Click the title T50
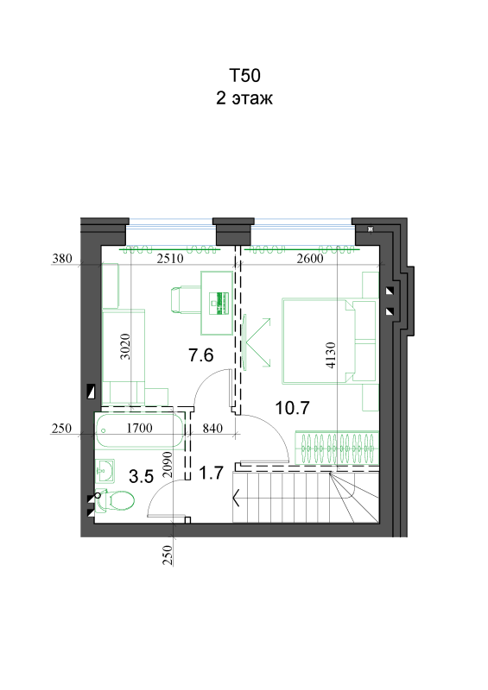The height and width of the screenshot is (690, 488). coord(244,75)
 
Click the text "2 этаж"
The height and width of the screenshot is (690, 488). coord(244,98)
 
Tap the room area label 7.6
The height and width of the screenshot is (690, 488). coord(201,354)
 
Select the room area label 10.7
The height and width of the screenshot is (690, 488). coord(292,408)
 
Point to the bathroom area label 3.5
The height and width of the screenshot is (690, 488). coord(141,476)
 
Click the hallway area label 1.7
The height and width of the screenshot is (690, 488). coord(211,473)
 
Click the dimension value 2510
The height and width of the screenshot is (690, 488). coord(170,258)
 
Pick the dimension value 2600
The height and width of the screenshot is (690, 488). coord(310,258)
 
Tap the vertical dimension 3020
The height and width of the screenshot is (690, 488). coord(125,347)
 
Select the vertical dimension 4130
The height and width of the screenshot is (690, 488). coord(331,354)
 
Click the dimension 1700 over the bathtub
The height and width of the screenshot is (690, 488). coord(139,428)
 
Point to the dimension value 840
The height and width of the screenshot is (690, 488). coord(212,428)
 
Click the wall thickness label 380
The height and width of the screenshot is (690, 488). coord(61,258)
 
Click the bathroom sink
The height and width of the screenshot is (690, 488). coord(105,470)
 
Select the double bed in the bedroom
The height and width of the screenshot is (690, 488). coord(329,342)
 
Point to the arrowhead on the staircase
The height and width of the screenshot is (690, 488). coord(237,498)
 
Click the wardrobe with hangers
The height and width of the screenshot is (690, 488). coord(337,448)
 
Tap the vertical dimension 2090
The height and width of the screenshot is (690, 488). coord(167,465)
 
